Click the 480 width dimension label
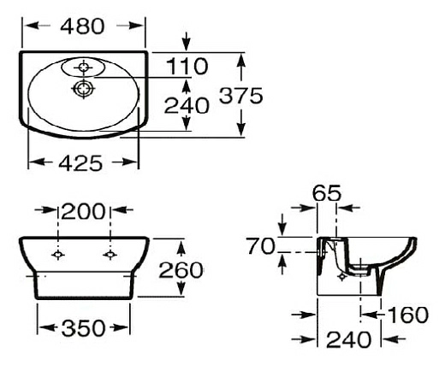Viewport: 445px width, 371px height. [x=82, y=26]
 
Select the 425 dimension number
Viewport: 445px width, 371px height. [x=82, y=161]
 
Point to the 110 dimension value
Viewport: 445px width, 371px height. [x=188, y=65]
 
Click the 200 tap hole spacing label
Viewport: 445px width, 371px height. [x=83, y=211]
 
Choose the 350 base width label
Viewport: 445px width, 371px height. [x=83, y=328]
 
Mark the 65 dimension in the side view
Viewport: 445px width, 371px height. [x=327, y=192]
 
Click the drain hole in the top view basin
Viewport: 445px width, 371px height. [x=83, y=88]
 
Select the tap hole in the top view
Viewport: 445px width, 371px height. [x=84, y=65]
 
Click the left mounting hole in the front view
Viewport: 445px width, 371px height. [x=57, y=255]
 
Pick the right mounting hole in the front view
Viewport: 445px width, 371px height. [x=109, y=255]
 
